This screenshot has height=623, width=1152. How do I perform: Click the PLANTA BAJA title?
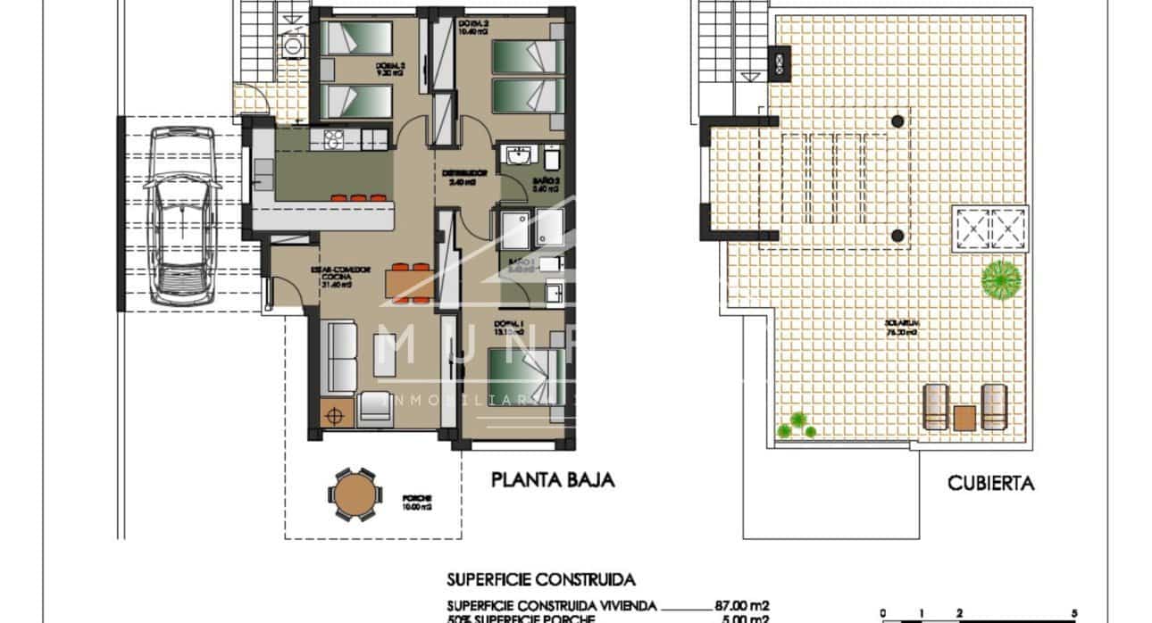[554, 481]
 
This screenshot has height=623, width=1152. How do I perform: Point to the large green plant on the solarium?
[1001, 278]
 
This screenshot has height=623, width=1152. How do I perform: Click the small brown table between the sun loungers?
[965, 417]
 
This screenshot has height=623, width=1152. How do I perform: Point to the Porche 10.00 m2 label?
[392, 502]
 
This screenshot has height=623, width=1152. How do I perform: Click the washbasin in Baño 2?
[516, 158]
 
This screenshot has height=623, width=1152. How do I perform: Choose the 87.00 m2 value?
[742, 605]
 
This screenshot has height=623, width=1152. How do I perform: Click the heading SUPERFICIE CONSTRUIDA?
[542, 578]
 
